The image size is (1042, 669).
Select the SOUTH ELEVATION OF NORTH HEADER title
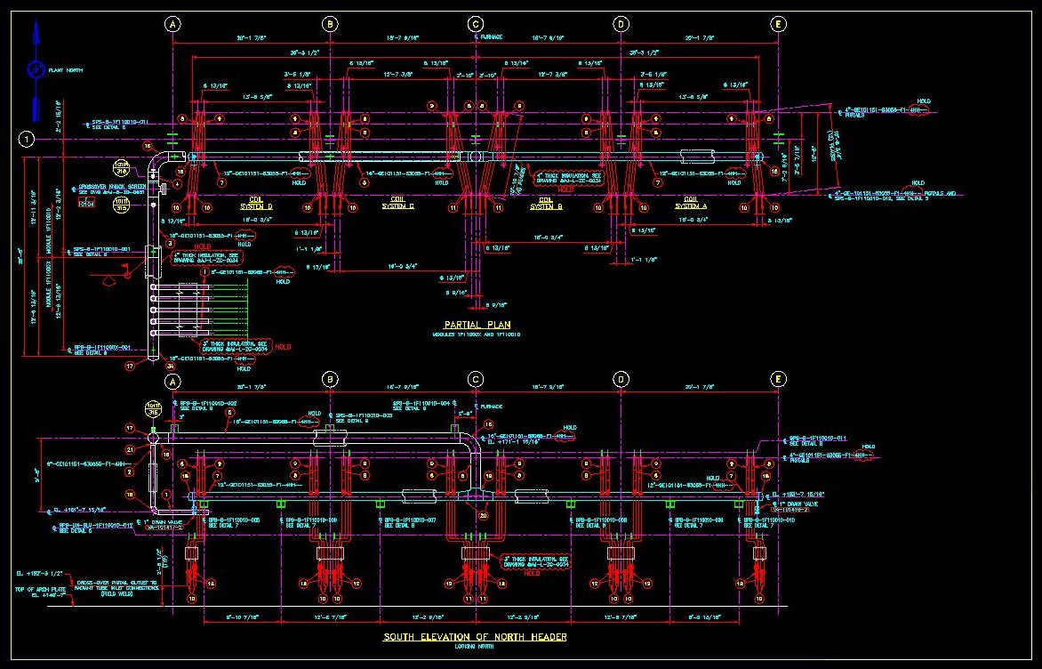tap(475, 637)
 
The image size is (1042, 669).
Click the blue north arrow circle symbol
tap(35, 69)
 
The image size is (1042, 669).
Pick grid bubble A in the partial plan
tap(172, 25)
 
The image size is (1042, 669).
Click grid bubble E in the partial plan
tap(778, 25)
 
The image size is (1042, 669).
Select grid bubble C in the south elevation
tap(476, 381)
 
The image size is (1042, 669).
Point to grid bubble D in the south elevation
tap(621, 381)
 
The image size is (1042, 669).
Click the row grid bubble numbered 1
tap(28, 139)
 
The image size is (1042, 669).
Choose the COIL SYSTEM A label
tap(689, 202)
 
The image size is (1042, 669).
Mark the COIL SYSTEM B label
tap(542, 202)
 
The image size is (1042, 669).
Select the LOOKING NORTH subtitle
tap(475, 646)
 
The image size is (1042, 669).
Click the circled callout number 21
tap(130, 450)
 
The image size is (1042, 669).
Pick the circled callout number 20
tap(484, 515)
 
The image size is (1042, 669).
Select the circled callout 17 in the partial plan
tap(130, 365)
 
